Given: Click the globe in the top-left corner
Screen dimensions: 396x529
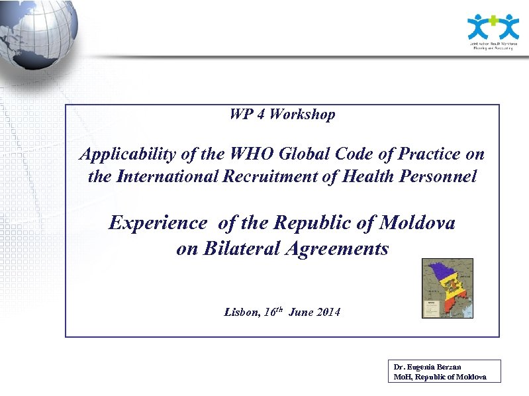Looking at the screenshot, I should pyautogui.click(x=36, y=33).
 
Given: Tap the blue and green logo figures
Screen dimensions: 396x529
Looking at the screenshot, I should pyautogui.click(x=493, y=26).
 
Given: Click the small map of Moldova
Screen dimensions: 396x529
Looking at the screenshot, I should pyautogui.click(x=448, y=288).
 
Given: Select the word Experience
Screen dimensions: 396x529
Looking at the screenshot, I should pyautogui.click(x=158, y=223).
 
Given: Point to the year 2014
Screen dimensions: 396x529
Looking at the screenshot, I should pyautogui.click(x=327, y=311).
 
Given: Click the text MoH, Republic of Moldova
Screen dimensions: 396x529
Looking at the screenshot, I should pyautogui.click(x=440, y=376).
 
